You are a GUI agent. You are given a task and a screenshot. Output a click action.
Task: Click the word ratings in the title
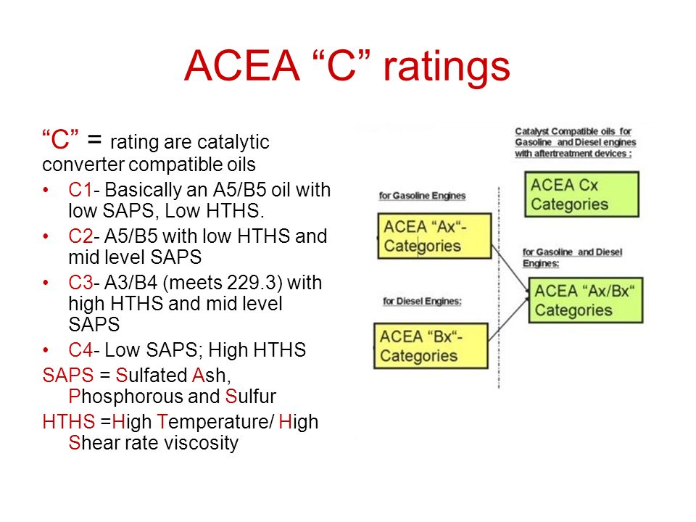447,67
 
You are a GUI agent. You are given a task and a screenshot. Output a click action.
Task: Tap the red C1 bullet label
80,190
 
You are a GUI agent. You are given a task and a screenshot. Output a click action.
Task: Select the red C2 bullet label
80,236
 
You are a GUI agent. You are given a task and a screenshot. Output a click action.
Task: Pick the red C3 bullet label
80,282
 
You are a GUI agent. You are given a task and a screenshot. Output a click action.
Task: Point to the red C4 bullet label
80,349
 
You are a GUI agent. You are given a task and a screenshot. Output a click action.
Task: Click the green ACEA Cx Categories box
581,194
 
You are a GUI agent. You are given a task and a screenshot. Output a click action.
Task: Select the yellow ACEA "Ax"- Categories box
434,236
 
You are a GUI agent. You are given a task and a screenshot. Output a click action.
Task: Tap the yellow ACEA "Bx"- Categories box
431,346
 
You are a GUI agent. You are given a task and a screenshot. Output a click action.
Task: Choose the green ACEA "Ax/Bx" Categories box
586,300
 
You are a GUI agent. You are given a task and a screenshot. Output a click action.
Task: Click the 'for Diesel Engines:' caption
422,302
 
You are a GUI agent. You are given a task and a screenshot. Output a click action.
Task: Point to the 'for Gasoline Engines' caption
422,196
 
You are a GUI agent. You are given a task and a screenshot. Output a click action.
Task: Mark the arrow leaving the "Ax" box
510,269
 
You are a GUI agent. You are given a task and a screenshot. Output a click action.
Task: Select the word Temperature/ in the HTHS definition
216,422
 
